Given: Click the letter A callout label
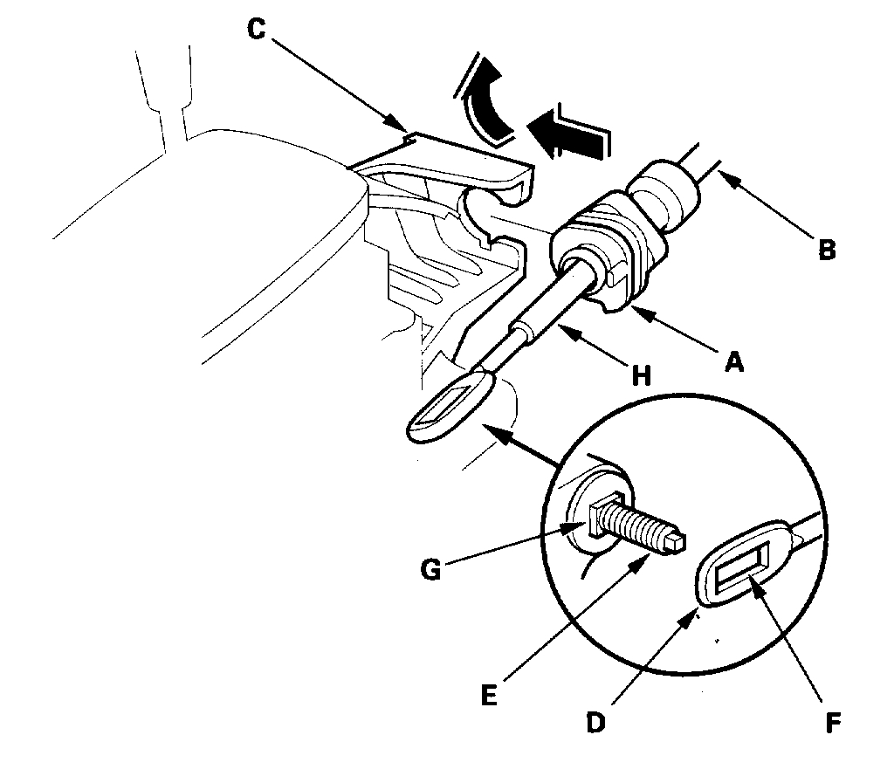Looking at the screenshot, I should tap(734, 361).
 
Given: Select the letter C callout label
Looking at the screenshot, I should tap(256, 28).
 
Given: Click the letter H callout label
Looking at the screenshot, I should tap(643, 374).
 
